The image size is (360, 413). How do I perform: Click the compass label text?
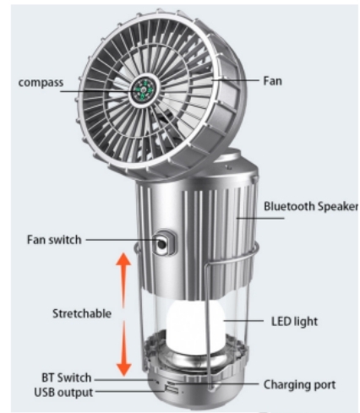tap(41, 83)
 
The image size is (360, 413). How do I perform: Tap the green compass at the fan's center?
tap(144, 90)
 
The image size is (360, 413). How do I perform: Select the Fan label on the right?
tap(272, 81)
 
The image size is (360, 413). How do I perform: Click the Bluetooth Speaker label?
tap(311, 206)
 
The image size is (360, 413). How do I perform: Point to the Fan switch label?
tap(54, 240)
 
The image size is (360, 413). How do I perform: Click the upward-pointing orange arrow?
tap(123, 280)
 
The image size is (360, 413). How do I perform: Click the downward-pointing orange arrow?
tap(124, 349)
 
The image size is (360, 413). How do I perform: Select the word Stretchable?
tap(82, 313)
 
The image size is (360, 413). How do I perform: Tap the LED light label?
tap(294, 322)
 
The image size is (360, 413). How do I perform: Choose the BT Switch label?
tap(67, 378)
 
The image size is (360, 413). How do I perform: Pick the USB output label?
tap(63, 393)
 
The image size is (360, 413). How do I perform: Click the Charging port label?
tap(299, 385)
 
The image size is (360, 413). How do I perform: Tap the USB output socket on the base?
tap(171, 389)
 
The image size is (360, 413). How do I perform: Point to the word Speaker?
tap(338, 206)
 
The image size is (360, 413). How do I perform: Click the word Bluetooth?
tap(289, 206)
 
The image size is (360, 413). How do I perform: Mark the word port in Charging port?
tap(325, 385)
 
